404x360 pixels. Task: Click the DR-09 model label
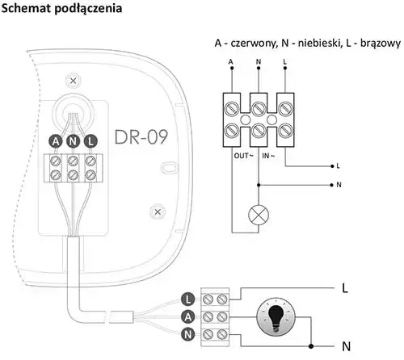(141, 137)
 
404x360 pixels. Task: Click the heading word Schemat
(26, 8)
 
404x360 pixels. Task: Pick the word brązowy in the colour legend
(381, 44)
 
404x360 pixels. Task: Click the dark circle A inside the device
(56, 141)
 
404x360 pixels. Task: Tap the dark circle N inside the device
(73, 141)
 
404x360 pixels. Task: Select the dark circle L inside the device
(90, 141)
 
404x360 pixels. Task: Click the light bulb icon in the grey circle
(276, 317)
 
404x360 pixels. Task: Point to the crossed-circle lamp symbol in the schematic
(259, 215)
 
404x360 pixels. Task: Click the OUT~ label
(244, 156)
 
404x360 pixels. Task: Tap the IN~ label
(268, 156)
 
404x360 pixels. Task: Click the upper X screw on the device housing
(73, 81)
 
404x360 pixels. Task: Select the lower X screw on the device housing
(158, 211)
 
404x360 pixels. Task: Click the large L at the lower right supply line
(345, 288)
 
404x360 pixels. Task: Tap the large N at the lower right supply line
(347, 346)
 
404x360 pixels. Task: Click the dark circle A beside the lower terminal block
(188, 316)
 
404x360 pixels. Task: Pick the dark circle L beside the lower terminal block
(188, 299)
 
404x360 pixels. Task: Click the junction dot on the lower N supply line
(311, 346)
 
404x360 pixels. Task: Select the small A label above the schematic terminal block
(230, 62)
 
